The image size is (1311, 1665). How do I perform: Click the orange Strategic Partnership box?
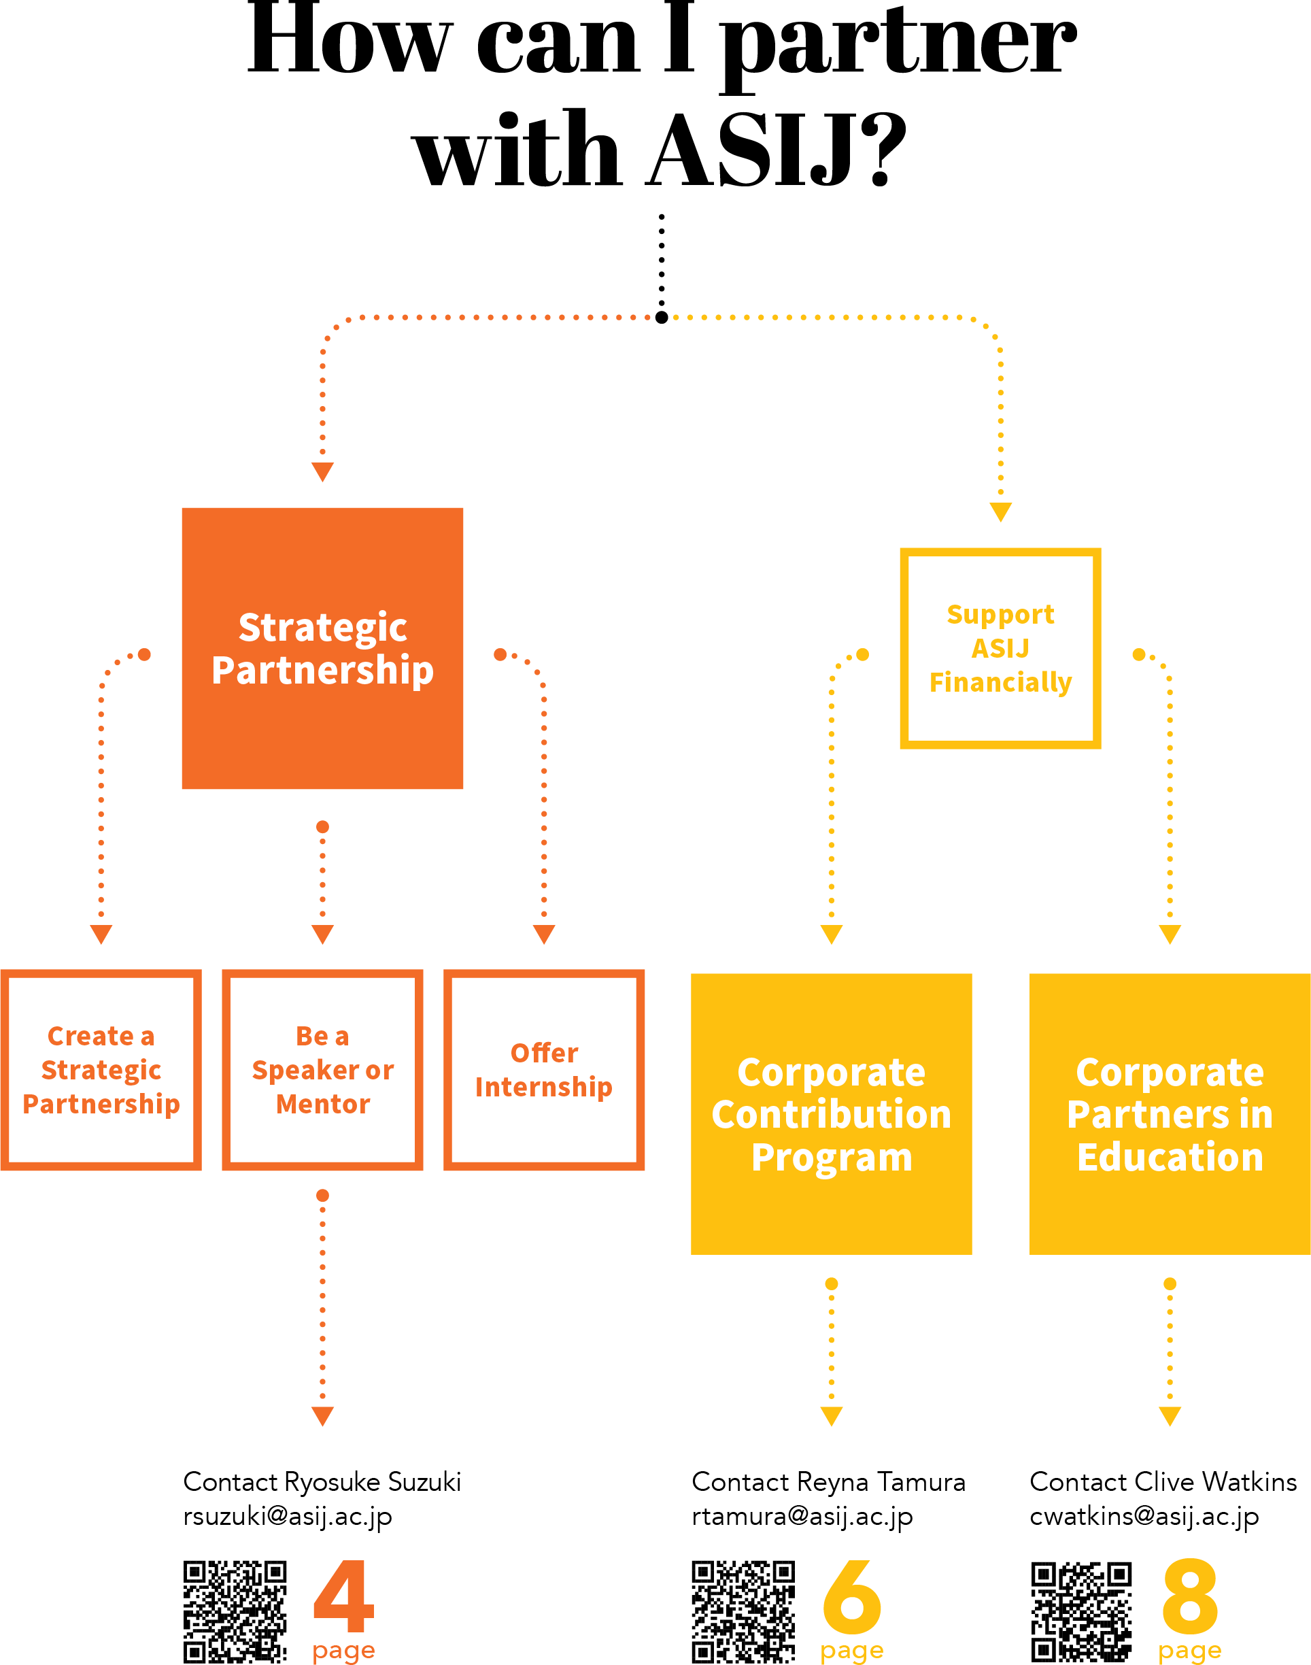[322, 648]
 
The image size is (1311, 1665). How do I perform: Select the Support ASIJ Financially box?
[1000, 648]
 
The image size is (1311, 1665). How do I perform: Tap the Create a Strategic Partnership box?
[101, 1069]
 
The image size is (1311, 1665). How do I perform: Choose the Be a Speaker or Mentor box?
[322, 1069]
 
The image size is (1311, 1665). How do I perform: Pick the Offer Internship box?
[543, 1069]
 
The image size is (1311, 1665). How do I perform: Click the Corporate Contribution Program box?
[831, 1114]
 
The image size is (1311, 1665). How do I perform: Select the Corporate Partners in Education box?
[1169, 1114]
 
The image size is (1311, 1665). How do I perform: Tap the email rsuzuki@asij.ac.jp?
[287, 1516]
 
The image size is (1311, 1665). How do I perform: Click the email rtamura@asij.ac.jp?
[802, 1516]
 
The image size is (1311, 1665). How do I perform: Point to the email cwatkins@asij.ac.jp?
[1144, 1516]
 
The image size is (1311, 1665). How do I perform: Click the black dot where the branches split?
[662, 317]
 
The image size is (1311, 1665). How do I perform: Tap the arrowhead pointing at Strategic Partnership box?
[322, 471]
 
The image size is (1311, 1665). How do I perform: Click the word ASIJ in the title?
[752, 150]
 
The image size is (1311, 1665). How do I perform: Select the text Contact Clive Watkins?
[1163, 1481]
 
